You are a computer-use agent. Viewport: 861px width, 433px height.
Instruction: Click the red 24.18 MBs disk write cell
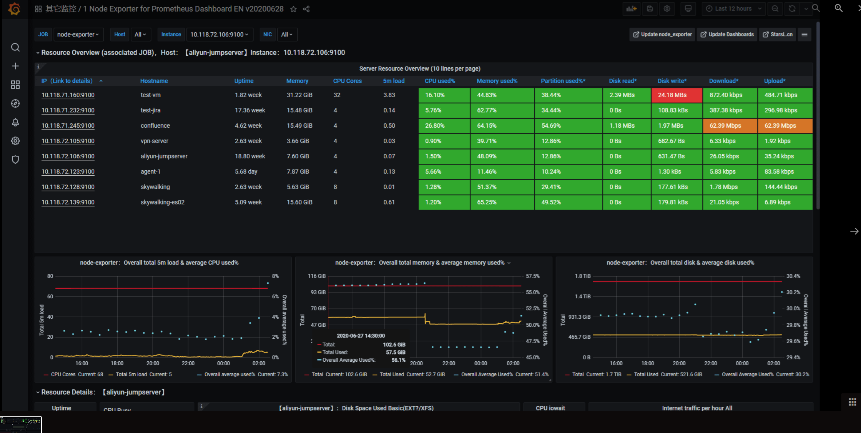coord(676,95)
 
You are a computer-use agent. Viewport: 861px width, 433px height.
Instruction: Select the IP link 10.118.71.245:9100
coord(68,126)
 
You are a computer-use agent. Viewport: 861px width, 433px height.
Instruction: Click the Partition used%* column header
coord(562,81)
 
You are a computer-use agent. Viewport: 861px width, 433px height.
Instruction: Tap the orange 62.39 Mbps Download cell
coord(729,126)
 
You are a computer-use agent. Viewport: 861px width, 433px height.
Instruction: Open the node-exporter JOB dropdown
coord(78,35)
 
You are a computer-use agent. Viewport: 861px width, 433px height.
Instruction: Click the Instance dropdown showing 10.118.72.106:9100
coord(219,35)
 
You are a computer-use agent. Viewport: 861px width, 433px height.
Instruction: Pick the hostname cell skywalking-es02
coord(162,202)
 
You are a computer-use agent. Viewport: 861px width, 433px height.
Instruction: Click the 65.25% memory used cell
coord(487,202)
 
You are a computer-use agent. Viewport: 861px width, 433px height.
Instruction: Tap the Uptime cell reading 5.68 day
coord(246,172)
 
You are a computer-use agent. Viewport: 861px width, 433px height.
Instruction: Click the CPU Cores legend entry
coord(63,374)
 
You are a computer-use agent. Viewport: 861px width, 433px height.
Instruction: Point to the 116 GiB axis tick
coord(316,276)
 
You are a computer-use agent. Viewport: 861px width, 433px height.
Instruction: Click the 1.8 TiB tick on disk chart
coord(582,276)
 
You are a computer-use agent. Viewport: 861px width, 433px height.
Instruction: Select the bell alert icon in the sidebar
coord(15,122)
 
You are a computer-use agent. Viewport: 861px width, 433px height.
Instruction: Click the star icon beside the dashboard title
coord(293,9)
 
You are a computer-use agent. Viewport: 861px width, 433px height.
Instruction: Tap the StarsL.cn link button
coord(778,35)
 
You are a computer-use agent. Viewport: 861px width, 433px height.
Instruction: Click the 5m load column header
coord(393,81)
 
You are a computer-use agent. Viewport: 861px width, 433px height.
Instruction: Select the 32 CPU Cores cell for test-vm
coord(337,95)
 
